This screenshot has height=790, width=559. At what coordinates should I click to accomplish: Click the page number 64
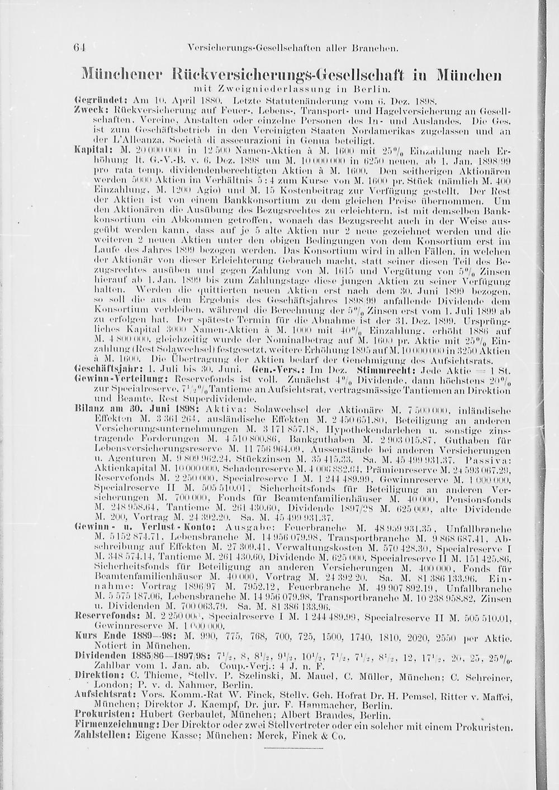[x=79, y=47]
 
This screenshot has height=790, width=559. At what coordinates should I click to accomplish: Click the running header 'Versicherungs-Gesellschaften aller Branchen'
[x=293, y=48]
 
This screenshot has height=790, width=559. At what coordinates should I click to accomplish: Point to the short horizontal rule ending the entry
[x=293, y=748]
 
